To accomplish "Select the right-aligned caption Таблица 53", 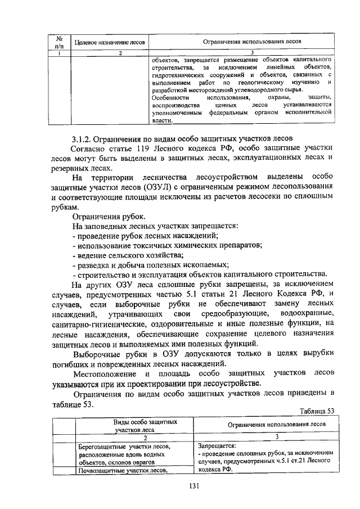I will pos(317,411).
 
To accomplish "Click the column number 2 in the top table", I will pos(120,53).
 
